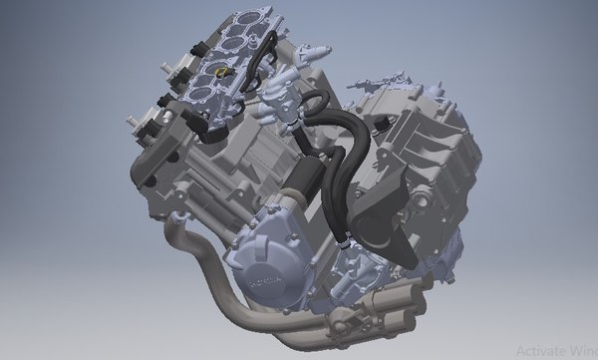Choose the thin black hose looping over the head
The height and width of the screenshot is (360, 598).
(x=254, y=70)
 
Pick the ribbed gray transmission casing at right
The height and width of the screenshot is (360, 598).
(x=429, y=150)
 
